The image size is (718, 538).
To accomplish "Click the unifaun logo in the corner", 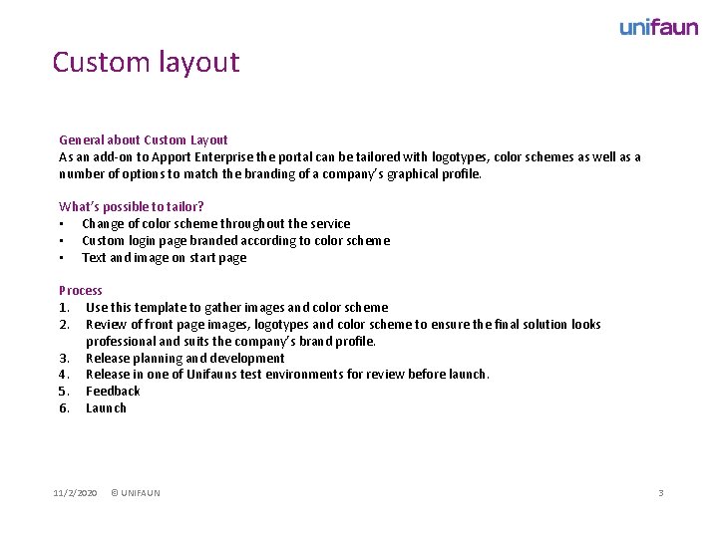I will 658,27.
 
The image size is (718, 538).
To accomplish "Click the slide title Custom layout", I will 146,62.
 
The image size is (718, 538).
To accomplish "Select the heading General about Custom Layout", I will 143,140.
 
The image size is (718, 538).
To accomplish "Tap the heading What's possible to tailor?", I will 132,207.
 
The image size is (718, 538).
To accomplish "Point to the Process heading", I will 81,291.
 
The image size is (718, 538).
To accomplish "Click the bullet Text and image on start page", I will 164,258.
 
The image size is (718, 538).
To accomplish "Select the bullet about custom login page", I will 235,241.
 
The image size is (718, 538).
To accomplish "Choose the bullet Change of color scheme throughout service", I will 215,224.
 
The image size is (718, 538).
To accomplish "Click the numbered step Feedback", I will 113,392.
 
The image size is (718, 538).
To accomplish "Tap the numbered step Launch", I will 106,408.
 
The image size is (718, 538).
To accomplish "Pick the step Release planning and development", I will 184,359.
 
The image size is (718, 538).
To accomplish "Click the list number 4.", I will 64,375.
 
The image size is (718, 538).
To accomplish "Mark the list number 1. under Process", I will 64,308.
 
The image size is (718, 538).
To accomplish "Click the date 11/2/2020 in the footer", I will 75,493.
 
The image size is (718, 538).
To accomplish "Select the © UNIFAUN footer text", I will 135,493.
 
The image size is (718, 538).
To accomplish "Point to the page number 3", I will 660,493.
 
